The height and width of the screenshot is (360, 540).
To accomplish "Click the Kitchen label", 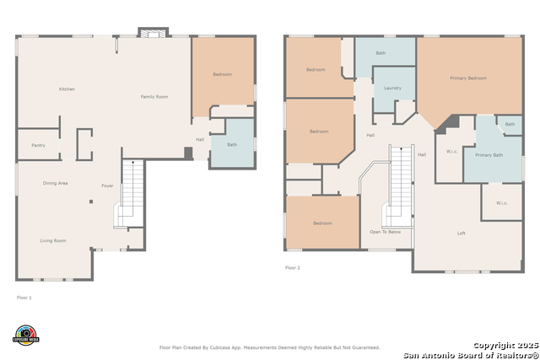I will coord(67,89).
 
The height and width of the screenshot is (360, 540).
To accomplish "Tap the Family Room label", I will coord(154,97).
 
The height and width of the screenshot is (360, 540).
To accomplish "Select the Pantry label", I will coord(38,145).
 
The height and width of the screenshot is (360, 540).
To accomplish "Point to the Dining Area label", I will coord(56,183).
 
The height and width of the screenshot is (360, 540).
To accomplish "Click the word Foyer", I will coord(107,185).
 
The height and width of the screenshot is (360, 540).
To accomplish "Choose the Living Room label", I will coord(53,240).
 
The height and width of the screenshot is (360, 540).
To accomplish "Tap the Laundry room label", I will coord(392,88).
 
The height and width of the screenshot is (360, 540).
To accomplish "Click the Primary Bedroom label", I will coord(468,78).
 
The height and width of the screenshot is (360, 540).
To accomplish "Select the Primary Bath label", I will coord(489,155).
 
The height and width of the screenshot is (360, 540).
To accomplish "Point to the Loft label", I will coord(462,233).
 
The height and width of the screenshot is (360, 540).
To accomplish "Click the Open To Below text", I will coord(386,232).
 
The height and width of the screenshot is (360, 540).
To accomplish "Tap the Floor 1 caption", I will coord(25,298).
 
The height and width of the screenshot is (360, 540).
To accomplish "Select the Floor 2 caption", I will coord(293,267).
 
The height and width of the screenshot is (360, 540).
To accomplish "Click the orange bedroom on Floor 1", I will coord(222,75).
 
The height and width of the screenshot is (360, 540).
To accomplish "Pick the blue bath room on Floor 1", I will coord(232,144).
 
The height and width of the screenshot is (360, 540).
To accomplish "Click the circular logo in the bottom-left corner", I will coord(26,335).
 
